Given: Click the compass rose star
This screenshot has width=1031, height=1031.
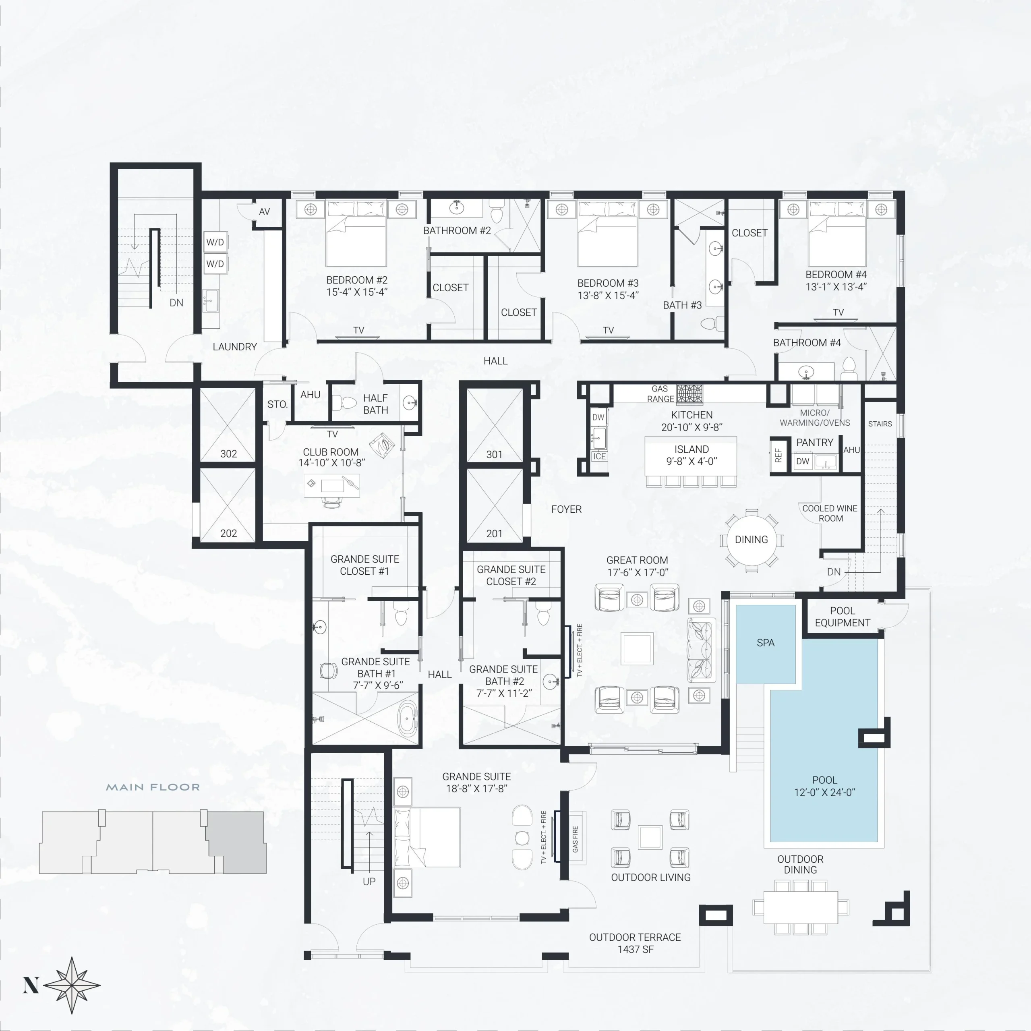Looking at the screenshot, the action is (72, 985).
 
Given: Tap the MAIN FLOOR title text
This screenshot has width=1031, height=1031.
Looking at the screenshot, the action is (153, 787).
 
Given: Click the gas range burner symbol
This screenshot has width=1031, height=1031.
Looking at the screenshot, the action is (689, 394).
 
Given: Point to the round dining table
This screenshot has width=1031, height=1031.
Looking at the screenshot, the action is (752, 540).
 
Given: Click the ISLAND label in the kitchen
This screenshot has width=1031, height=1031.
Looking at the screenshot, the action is (691, 449).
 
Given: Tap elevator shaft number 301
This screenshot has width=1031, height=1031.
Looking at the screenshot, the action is (494, 455).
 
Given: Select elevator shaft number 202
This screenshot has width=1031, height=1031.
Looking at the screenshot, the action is (228, 533).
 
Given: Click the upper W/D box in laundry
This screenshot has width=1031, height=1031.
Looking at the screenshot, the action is (215, 242).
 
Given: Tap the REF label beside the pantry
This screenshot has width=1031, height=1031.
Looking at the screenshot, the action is (778, 455).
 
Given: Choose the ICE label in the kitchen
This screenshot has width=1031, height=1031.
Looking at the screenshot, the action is (599, 456).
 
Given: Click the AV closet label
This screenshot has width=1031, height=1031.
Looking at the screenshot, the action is (264, 211).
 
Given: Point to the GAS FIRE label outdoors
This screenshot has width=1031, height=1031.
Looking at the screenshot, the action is (575, 839).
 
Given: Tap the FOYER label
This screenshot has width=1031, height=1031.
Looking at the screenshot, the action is (566, 509).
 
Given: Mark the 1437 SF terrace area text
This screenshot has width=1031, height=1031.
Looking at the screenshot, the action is (635, 949).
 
